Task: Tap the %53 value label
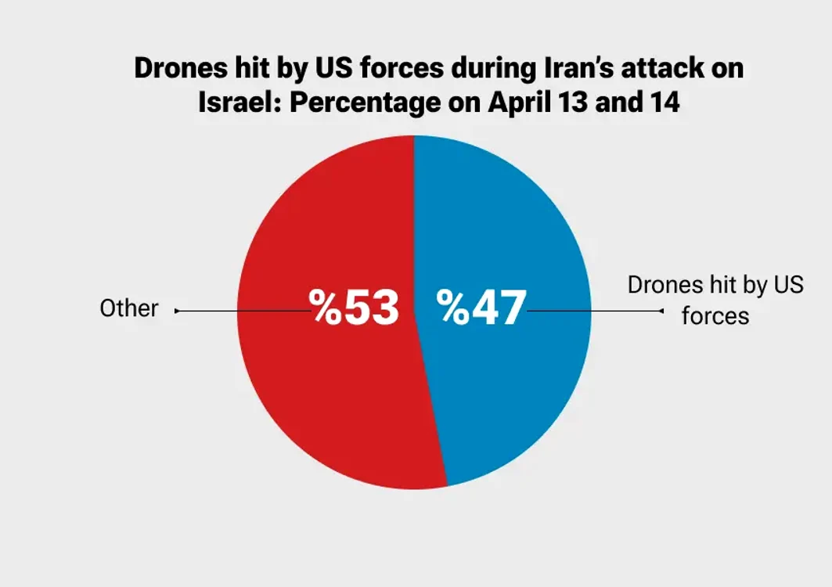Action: coord(354,308)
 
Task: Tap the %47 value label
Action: coord(481,308)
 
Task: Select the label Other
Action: coord(129,308)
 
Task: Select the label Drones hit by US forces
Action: coord(715,301)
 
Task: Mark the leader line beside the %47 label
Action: coord(595,311)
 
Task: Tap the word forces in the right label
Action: coord(715,315)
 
